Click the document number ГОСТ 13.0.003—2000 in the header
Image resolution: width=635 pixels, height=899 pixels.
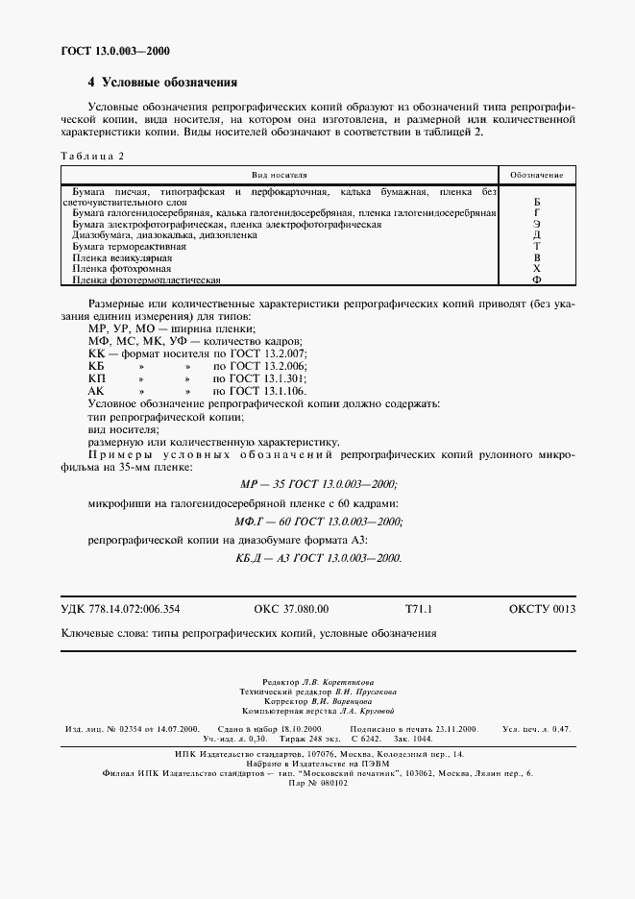[x=108, y=51]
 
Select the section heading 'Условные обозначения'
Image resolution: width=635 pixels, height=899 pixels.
[x=162, y=83]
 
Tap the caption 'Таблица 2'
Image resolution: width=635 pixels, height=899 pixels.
[x=92, y=156]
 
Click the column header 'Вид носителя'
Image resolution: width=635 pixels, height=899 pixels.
[x=279, y=176]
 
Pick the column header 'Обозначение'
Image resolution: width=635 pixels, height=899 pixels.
[x=536, y=176]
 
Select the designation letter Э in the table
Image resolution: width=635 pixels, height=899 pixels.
[x=537, y=224]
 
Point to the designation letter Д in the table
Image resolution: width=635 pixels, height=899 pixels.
[x=537, y=235]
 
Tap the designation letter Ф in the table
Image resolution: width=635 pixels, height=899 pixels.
[x=537, y=280]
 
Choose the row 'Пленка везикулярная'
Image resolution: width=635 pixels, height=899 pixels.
[x=122, y=258]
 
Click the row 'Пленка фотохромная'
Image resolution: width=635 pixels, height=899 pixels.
[x=120, y=270]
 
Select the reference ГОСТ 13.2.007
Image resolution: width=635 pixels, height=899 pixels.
[x=258, y=354]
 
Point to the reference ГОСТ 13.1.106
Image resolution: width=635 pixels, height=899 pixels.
[x=258, y=392]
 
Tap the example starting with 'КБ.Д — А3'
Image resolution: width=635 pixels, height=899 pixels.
[x=317, y=558]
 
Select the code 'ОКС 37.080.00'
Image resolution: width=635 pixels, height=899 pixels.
[x=291, y=609]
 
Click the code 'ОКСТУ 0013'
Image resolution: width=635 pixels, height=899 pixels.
[x=543, y=609]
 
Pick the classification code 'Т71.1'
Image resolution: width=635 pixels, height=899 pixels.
[x=420, y=609]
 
